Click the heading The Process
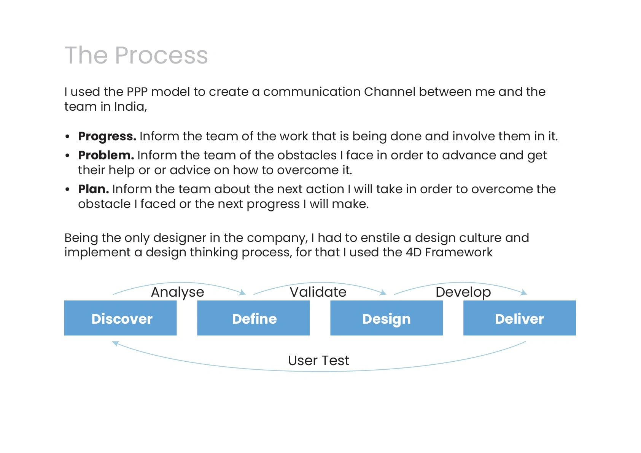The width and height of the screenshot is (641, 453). point(136,55)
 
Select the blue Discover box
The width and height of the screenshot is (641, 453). point(121,318)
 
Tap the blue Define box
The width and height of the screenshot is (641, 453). point(253,318)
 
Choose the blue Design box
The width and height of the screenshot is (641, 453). point(387,318)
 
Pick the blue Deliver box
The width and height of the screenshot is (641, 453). point(520,318)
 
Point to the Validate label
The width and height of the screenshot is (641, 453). point(318,292)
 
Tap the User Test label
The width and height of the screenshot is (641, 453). point(318,361)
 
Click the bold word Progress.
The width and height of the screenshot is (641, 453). point(107,137)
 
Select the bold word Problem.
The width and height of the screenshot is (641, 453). point(106,156)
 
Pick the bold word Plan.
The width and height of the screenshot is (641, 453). point(93,189)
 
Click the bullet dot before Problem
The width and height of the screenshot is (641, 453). point(67,156)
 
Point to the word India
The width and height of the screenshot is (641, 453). point(130,107)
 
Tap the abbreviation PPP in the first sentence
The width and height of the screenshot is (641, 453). point(137,92)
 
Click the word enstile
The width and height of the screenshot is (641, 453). point(379,238)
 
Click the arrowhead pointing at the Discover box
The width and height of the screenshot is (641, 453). point(115,343)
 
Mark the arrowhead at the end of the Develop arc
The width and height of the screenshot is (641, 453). point(524,292)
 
